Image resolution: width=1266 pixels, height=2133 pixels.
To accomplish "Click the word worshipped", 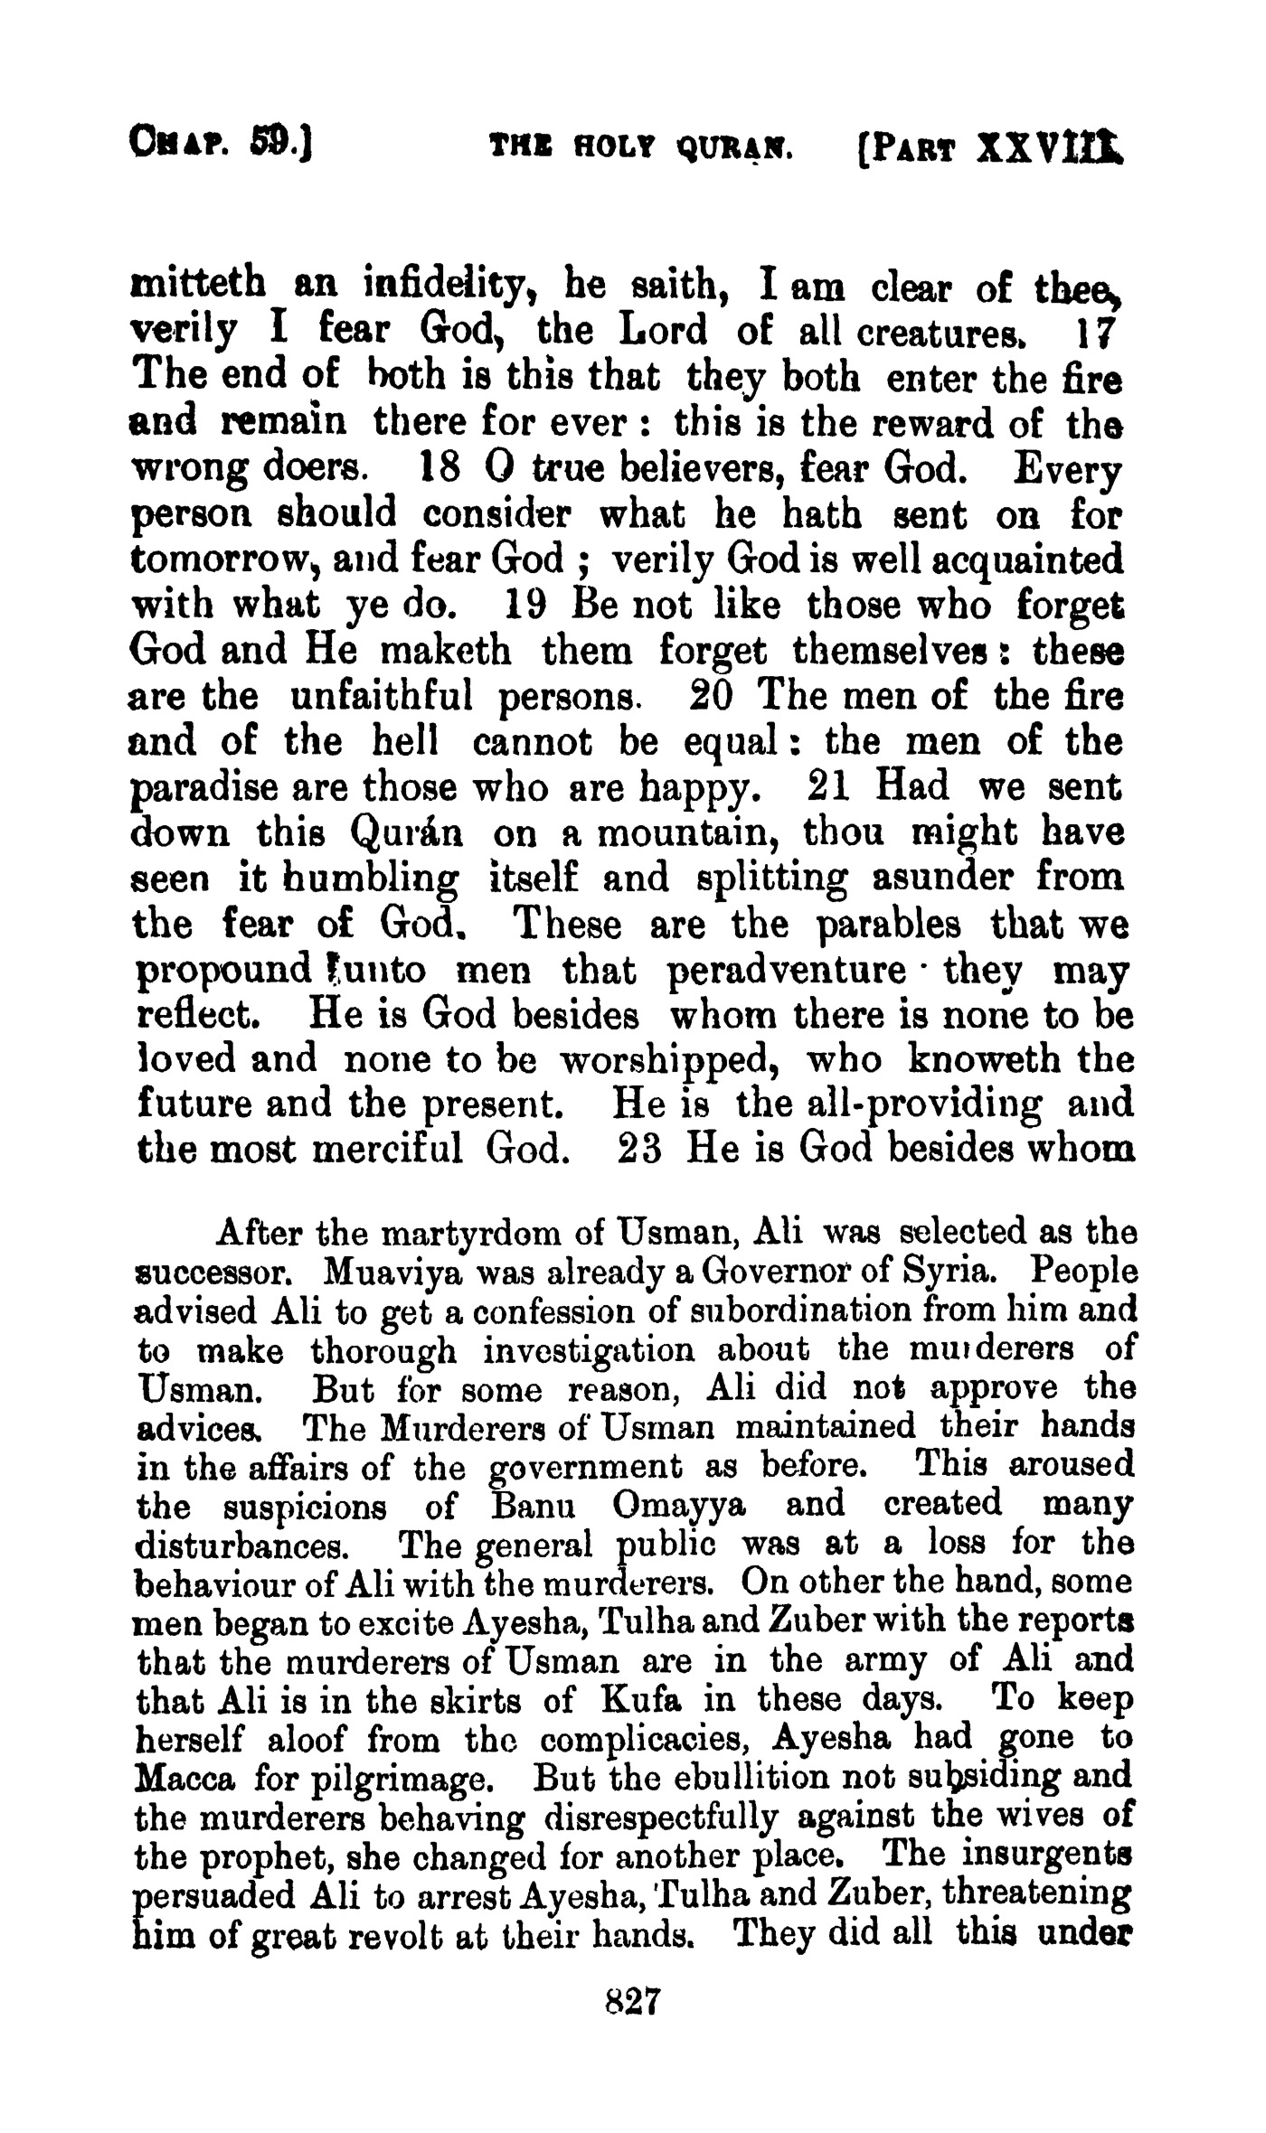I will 671,1060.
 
